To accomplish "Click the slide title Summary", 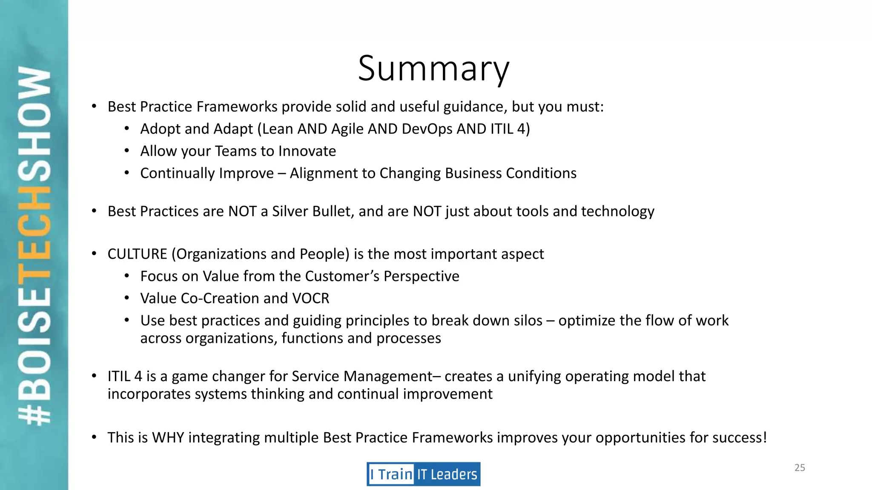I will pyautogui.click(x=433, y=69).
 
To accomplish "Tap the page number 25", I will pyautogui.click(x=800, y=468).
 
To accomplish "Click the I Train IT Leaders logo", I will pyautogui.click(x=423, y=474).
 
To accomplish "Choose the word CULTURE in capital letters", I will pyautogui.click(x=137, y=254).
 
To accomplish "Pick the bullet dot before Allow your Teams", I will pyautogui.click(x=127, y=151).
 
